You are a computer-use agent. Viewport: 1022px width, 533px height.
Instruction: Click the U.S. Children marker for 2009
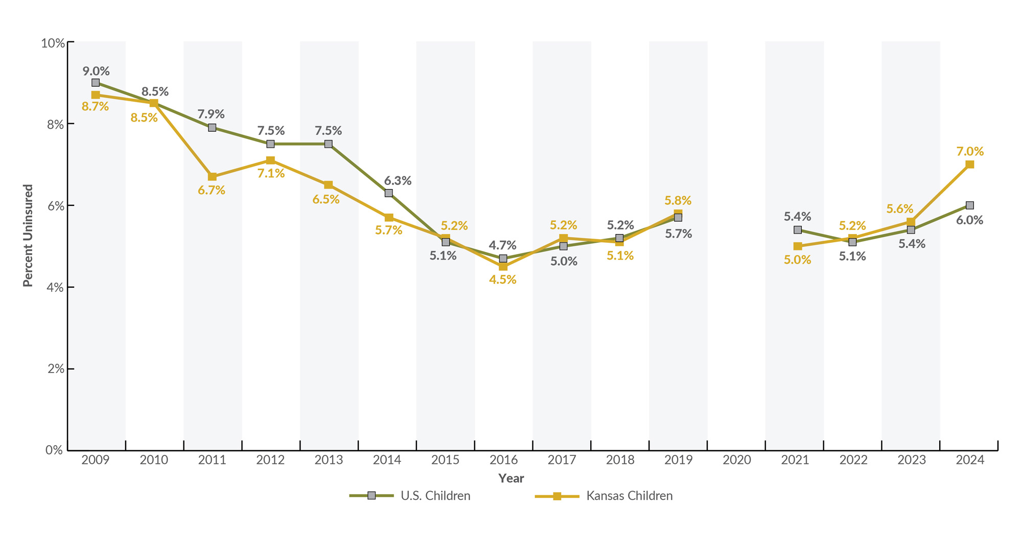[x=96, y=83]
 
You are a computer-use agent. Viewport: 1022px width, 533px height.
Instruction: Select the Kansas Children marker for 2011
[x=212, y=177]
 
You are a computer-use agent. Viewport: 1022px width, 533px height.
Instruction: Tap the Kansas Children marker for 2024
[x=970, y=165]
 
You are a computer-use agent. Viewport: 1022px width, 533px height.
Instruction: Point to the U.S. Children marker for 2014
[x=389, y=193]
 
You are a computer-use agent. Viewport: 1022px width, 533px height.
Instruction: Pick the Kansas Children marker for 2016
[x=503, y=267]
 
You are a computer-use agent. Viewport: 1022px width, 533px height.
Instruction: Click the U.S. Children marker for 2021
[x=798, y=230]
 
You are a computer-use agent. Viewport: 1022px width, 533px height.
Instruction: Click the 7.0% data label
[x=970, y=151]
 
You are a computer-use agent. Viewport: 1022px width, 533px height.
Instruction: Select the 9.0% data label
[x=96, y=71]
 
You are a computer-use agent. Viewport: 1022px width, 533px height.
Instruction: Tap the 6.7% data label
[x=212, y=190]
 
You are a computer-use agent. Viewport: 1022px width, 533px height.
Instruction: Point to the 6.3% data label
[x=398, y=180]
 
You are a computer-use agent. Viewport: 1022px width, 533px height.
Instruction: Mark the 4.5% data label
[x=503, y=280]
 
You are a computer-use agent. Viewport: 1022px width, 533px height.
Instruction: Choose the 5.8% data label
[x=678, y=200]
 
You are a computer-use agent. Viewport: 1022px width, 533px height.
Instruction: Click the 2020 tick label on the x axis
[x=737, y=460]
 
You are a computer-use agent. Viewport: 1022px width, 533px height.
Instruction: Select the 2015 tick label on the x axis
[x=445, y=460]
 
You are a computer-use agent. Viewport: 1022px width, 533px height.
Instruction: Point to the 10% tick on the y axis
[x=53, y=43]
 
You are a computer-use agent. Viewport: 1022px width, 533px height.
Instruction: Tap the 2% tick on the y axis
[x=54, y=369]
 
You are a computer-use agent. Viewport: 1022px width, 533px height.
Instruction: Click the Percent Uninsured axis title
[x=28, y=236]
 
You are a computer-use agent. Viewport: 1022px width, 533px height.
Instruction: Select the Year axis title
[x=511, y=478]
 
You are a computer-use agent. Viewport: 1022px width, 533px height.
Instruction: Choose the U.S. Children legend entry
[x=410, y=496]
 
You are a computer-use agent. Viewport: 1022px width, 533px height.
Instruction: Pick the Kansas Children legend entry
[x=604, y=496]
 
